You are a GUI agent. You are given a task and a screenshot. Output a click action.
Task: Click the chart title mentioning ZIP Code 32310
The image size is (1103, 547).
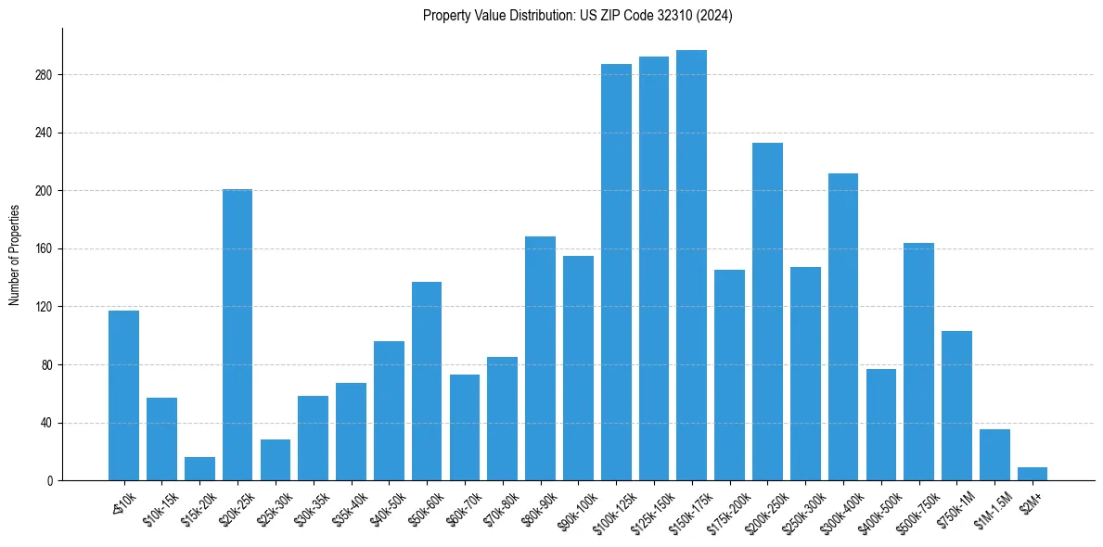577,16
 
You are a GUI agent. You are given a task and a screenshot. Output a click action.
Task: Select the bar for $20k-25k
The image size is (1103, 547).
237,335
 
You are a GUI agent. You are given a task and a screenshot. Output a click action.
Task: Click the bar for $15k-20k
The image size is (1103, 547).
199,469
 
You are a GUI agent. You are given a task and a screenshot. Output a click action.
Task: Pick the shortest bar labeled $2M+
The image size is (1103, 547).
1032,474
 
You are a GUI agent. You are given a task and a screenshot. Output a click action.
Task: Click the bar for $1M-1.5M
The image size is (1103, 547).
994,455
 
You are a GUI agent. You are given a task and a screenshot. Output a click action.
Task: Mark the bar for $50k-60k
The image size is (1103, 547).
427,381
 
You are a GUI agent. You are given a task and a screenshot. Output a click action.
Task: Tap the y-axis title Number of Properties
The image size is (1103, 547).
15,255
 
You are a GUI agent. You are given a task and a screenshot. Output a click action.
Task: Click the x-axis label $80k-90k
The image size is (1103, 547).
537,507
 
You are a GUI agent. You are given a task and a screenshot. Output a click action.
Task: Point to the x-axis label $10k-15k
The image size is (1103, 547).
159,507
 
